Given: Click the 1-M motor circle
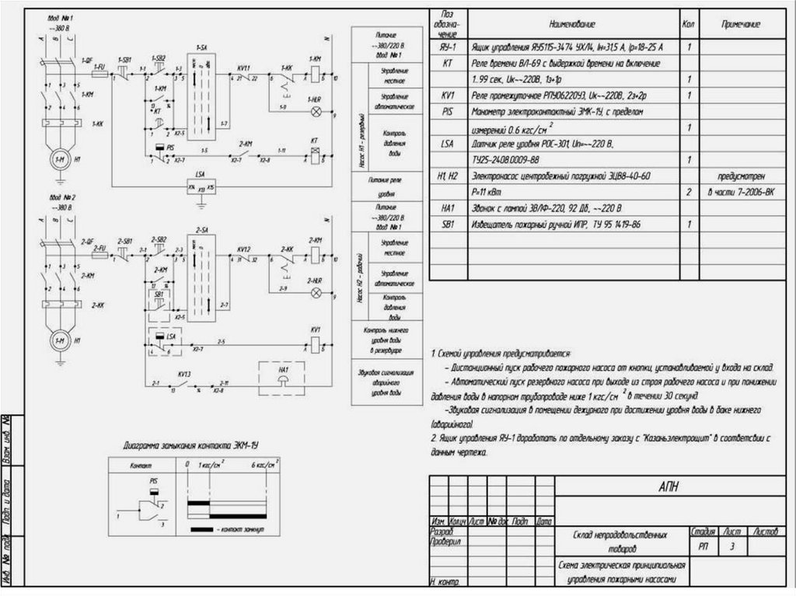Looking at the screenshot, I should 59,159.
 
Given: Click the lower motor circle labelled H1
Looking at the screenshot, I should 59,340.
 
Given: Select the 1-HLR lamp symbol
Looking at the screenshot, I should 316,112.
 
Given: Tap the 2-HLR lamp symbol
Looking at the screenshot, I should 316,293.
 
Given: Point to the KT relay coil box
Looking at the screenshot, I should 316,152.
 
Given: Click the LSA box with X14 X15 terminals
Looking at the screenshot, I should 201,186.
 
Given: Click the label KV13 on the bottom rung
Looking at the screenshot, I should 184,374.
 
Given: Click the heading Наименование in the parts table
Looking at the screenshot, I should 571,25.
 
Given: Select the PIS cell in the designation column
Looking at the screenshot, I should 447,111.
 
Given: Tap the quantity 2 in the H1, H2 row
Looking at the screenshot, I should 690,191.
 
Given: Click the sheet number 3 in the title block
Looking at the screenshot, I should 731,548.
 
